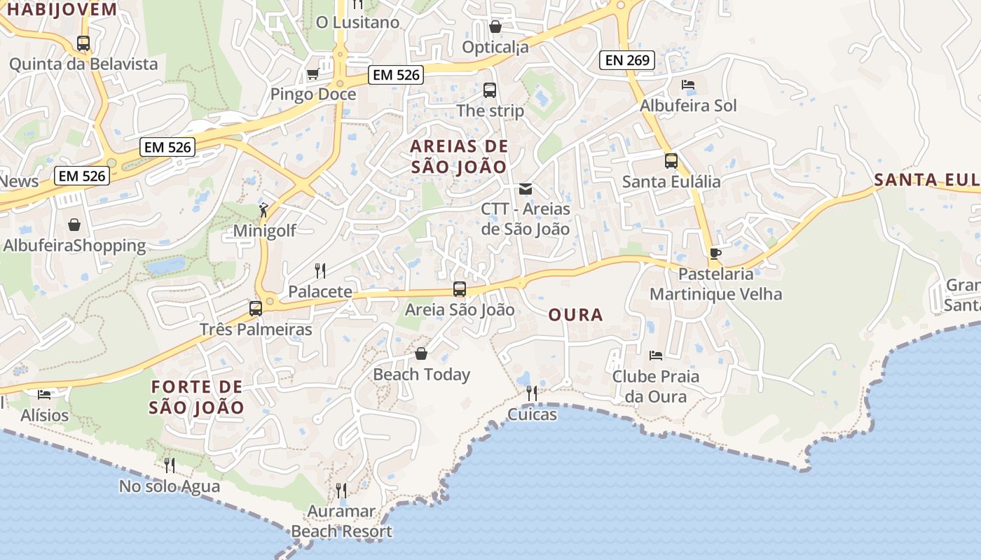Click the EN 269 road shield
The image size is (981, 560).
coord(627,60)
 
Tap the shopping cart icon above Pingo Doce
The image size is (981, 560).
coord(313,73)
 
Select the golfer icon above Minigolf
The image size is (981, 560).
coord(263,210)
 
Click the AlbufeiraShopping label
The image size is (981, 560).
coord(74,246)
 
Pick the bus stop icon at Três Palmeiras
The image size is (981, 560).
coord(256,308)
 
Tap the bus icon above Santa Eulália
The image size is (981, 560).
coord(671,161)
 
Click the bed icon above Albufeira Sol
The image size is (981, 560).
coord(688,85)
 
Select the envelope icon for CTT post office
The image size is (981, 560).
coord(525,189)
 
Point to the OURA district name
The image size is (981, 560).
coord(575,315)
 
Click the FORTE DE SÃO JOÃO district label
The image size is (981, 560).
coord(198,397)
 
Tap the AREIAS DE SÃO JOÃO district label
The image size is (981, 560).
coord(459,157)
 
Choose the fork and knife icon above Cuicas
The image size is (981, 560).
coord(532,393)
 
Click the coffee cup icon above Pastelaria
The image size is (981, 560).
coord(715,253)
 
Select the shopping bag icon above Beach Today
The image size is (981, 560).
coord(421,353)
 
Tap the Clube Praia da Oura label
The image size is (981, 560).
coord(656,386)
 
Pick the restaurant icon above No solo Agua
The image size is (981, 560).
coord(169,465)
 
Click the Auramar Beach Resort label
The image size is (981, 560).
coord(342,521)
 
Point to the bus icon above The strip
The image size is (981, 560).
coord(490,90)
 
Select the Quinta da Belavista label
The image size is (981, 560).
coord(83,64)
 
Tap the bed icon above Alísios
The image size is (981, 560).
coord(44,395)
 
